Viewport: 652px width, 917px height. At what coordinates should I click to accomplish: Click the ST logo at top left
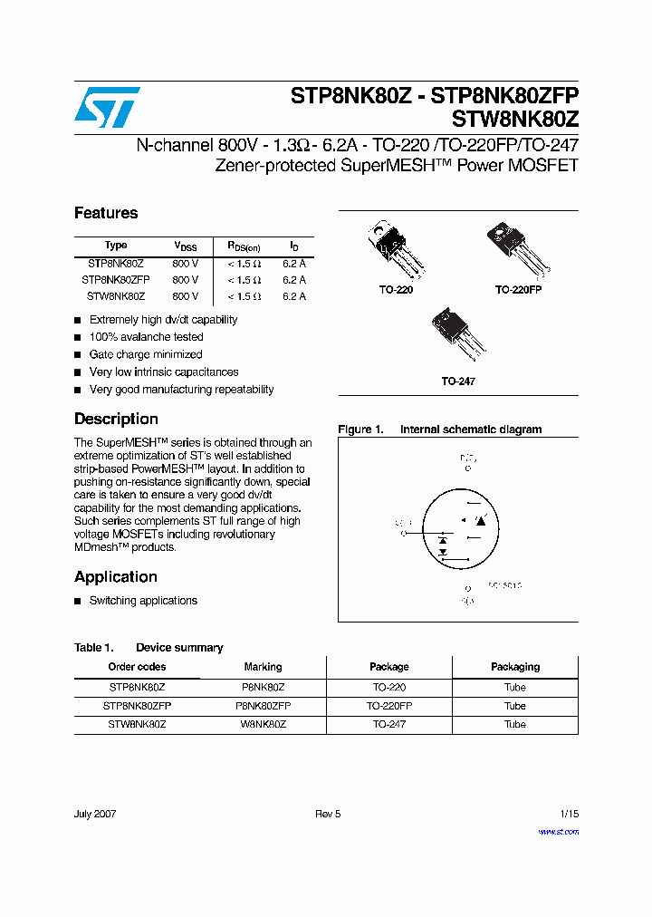(x=107, y=107)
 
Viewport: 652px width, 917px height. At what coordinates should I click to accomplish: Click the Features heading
(x=106, y=213)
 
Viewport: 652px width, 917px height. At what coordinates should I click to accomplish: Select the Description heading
(x=116, y=419)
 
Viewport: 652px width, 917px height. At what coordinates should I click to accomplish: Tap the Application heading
(x=116, y=577)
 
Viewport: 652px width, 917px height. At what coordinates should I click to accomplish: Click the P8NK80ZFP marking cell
(x=264, y=705)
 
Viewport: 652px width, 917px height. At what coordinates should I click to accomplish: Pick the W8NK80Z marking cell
(x=264, y=724)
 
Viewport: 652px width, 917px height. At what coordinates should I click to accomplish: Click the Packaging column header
(x=515, y=667)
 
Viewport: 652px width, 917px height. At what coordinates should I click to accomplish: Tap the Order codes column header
(x=137, y=667)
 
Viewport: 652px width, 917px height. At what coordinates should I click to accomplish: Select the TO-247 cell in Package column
(x=389, y=724)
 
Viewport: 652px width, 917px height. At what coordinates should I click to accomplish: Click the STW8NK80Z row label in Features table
(x=115, y=296)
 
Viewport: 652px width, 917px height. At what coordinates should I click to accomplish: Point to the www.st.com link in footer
(x=558, y=831)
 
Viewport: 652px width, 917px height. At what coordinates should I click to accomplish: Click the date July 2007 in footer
(x=95, y=814)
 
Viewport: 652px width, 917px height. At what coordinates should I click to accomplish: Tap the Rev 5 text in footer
(x=328, y=814)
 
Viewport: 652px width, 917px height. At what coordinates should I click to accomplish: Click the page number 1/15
(x=569, y=814)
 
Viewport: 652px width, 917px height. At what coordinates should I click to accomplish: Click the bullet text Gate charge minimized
(x=146, y=354)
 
